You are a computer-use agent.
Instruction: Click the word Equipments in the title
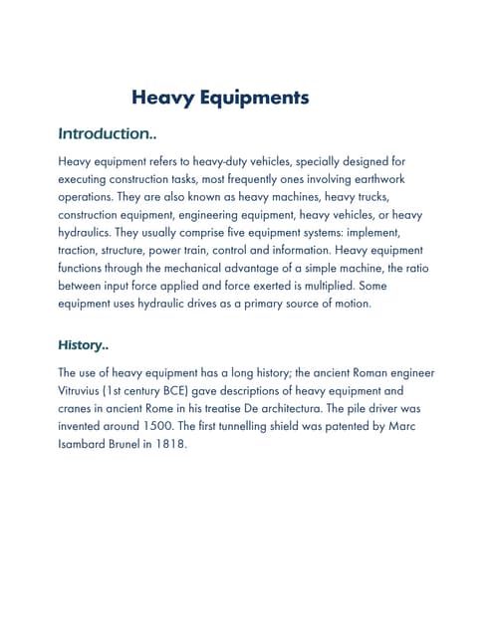coord(254,98)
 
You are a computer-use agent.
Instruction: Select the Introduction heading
coord(108,133)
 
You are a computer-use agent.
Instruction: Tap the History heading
coord(84,346)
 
